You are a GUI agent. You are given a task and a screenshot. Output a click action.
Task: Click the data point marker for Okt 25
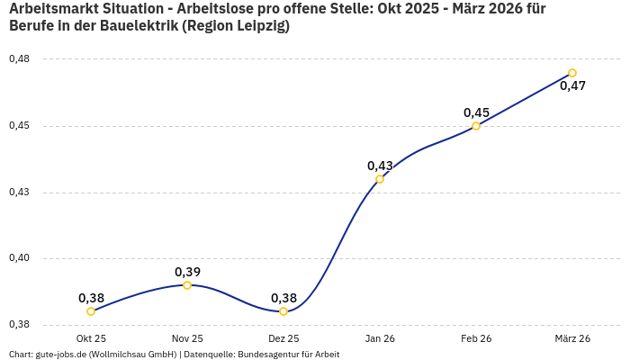pos(91,311)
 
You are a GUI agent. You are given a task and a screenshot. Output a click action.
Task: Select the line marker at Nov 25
pos(187,285)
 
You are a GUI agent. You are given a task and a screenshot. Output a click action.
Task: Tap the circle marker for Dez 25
pos(283,311)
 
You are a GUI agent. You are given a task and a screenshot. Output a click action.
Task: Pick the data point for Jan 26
pos(380,179)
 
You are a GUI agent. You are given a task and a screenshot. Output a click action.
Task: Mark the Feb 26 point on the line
pos(476,126)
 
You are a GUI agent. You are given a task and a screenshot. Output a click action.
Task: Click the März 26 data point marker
pos(572,73)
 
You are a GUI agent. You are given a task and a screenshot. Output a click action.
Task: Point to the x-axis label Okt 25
pos(91,338)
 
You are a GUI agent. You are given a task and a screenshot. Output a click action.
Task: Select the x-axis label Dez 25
pos(283,338)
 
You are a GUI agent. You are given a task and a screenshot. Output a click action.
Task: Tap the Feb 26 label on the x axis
pos(476,338)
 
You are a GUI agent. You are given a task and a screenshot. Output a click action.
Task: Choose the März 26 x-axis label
pos(572,338)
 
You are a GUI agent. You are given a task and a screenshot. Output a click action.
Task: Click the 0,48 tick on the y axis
pos(19,59)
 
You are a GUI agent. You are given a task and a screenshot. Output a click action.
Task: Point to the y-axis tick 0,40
pos(19,259)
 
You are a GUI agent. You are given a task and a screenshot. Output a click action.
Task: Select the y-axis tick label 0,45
pos(19,126)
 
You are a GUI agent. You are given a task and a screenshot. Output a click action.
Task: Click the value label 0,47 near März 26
pos(573,86)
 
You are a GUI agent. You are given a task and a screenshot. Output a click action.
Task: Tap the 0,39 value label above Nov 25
pos(187,272)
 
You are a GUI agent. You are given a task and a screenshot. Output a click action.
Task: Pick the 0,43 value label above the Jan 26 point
pos(380,166)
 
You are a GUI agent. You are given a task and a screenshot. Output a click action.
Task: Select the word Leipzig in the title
pos(258,27)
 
